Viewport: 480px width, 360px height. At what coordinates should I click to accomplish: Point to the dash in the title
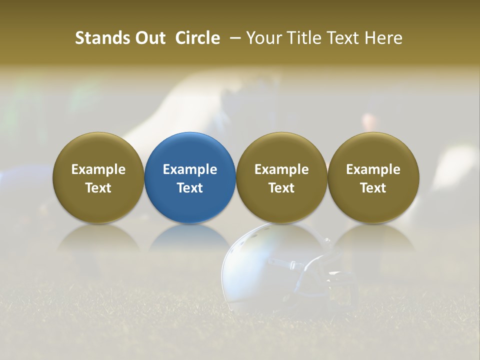233,38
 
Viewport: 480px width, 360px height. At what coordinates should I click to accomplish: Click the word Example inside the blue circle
190,169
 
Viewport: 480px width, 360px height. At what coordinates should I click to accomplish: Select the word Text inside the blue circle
190,188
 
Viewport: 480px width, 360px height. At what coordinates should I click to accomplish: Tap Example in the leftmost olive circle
98,169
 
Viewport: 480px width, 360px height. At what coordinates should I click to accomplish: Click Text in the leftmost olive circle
98,188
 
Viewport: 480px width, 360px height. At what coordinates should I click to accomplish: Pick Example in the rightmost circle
373,169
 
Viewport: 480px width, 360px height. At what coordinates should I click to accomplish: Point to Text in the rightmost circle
373,188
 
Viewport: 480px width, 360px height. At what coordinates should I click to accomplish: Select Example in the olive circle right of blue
281,169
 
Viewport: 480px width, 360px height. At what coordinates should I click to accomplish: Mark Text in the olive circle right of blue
281,188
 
